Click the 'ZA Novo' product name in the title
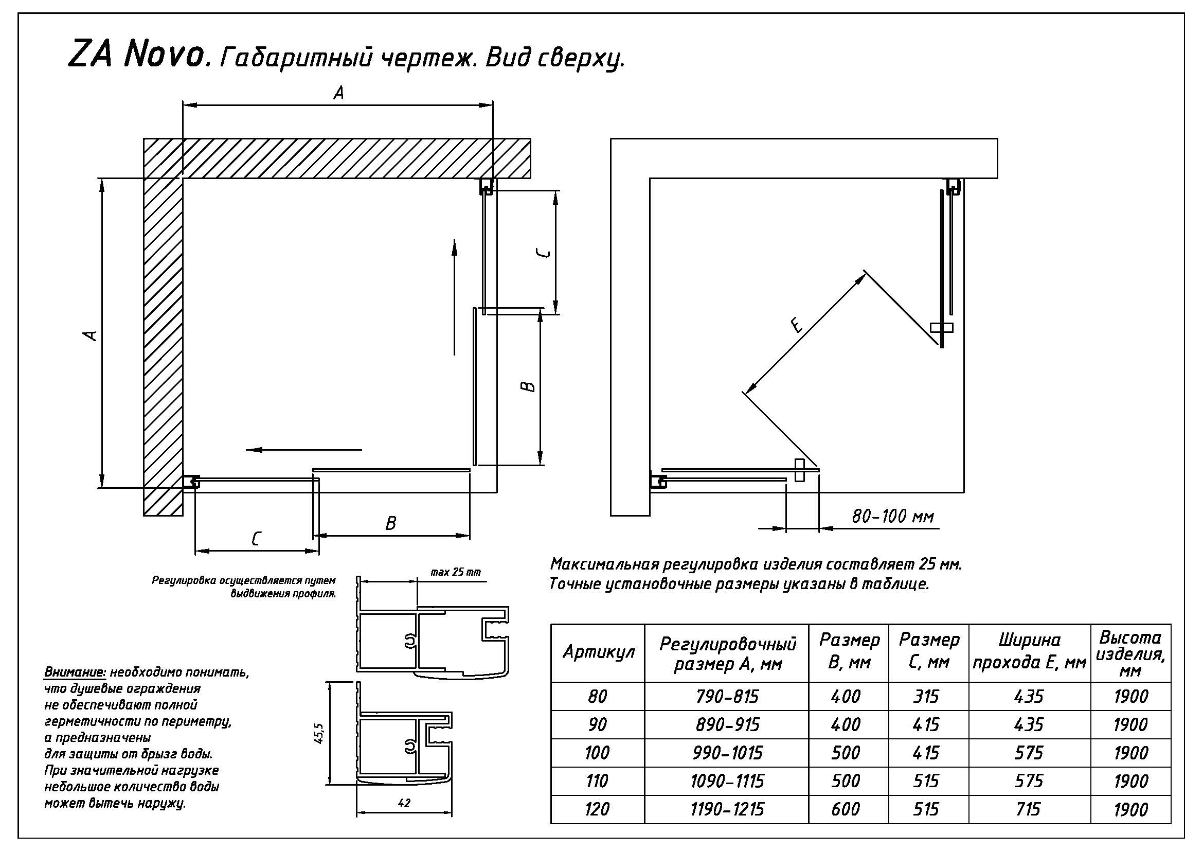(136, 55)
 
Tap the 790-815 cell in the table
(727, 696)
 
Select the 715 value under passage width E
(1029, 809)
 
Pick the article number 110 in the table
(597, 781)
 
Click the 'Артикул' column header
(598, 652)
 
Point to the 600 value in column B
(846, 809)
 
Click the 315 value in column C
(926, 696)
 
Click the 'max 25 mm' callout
(455, 572)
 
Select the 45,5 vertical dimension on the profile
(320, 733)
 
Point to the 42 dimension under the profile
(404, 802)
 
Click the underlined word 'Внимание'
(76, 672)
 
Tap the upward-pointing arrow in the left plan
(454, 297)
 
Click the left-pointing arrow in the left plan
(304, 450)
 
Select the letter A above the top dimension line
(339, 93)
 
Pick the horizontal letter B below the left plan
(391, 523)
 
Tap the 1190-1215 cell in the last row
(727, 809)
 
